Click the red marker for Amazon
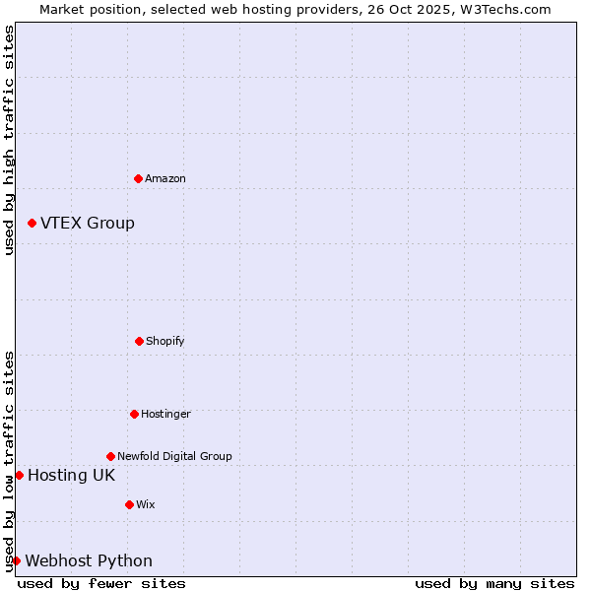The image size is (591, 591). click(x=138, y=178)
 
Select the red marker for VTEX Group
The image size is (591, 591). click(x=32, y=223)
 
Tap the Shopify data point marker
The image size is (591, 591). click(x=139, y=341)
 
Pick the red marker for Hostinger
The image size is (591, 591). click(x=134, y=414)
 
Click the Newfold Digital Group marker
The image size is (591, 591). click(x=110, y=456)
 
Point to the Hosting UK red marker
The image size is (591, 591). click(x=19, y=475)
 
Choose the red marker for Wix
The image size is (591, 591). click(x=129, y=504)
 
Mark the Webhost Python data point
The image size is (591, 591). click(x=16, y=560)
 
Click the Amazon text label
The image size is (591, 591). click(x=165, y=178)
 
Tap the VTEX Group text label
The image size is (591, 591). click(x=88, y=223)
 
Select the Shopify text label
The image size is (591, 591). click(x=165, y=341)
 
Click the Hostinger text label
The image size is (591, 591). click(x=165, y=414)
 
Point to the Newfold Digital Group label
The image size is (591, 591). click(x=174, y=456)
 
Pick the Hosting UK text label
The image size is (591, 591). click(x=71, y=475)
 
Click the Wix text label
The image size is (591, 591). click(x=146, y=504)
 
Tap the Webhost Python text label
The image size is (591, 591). click(x=89, y=560)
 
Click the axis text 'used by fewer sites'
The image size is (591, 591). click(x=101, y=583)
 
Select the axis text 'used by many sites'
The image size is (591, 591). click(x=494, y=583)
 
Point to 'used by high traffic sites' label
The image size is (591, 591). click(x=9, y=140)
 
